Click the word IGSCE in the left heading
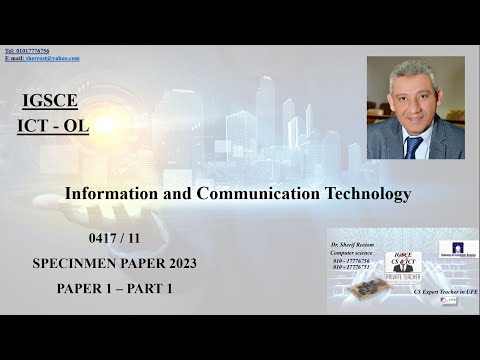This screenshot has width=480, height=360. [x=49, y=100]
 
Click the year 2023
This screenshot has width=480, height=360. [x=176, y=264]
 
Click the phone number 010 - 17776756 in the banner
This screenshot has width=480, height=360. [x=350, y=260]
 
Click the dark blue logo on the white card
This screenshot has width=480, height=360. [x=458, y=248]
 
